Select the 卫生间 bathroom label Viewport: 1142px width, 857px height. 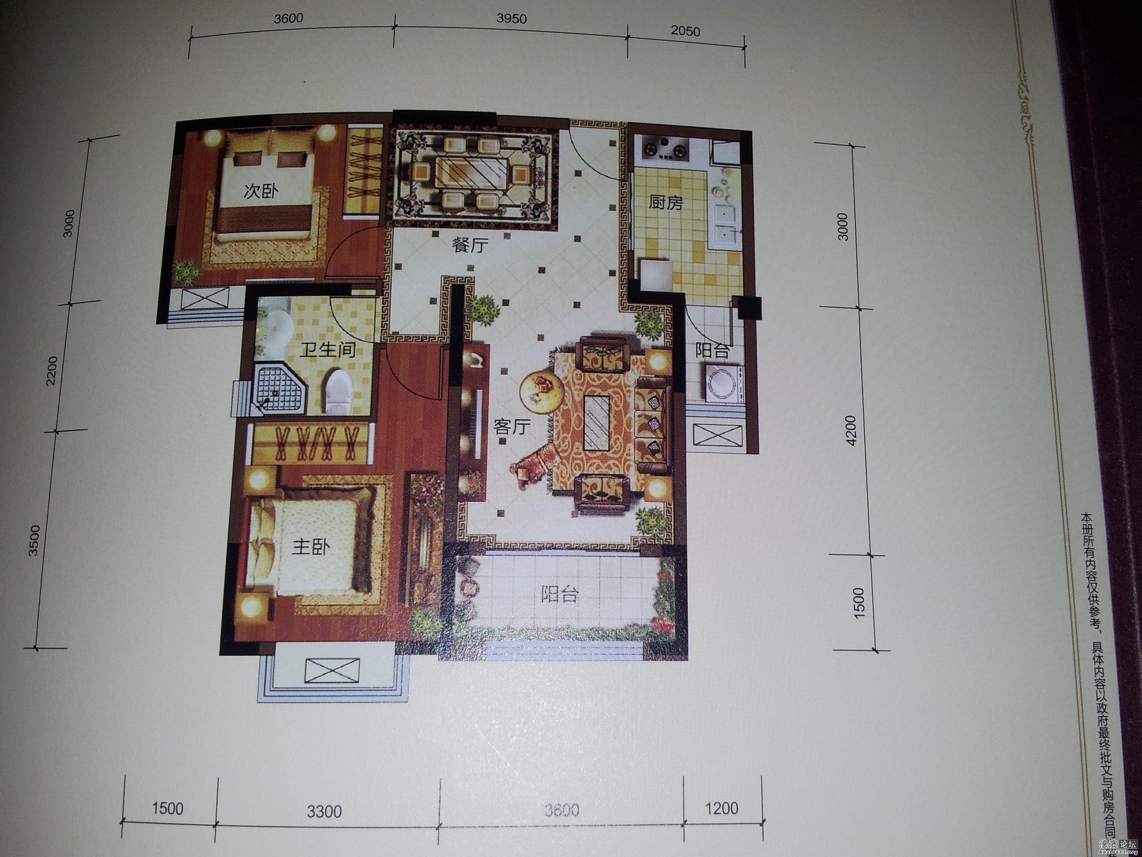(x=328, y=350)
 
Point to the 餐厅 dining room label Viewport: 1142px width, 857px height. (x=470, y=245)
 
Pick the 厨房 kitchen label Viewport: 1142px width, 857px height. (x=666, y=203)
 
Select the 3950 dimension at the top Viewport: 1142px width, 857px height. (x=511, y=19)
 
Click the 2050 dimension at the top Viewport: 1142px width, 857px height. (x=685, y=31)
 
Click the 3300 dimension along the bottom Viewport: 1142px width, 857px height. (x=324, y=812)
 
